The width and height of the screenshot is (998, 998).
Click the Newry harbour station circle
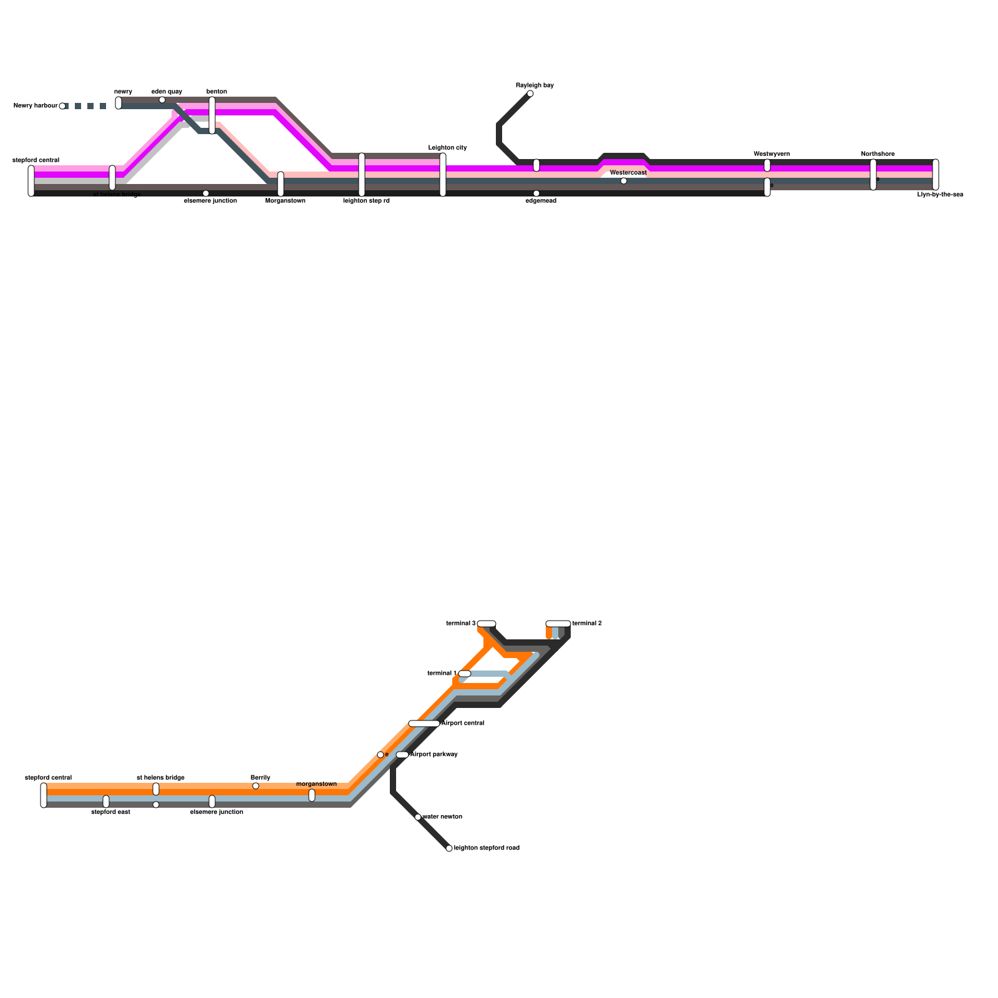click(x=62, y=106)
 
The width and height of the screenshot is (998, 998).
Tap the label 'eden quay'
click(x=167, y=92)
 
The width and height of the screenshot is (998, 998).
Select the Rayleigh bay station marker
click(x=530, y=94)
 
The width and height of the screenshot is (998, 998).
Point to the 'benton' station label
click(x=216, y=92)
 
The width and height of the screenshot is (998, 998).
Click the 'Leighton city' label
click(x=447, y=148)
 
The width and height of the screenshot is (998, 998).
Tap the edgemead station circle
click(x=536, y=193)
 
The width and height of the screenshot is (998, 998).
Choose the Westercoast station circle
click(x=624, y=181)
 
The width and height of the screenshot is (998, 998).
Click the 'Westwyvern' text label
click(x=772, y=154)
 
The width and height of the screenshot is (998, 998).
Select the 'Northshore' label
click(x=878, y=154)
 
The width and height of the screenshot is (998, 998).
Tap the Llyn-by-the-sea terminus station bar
click(x=936, y=175)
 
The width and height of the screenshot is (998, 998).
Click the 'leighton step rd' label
click(x=366, y=201)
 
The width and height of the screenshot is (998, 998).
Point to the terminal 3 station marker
click(x=487, y=624)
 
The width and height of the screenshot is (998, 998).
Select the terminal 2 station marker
click(x=558, y=624)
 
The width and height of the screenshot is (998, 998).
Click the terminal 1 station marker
click(x=465, y=674)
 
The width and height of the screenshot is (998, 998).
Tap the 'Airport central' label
click(x=463, y=724)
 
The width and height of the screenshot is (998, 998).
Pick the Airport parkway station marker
click(x=402, y=755)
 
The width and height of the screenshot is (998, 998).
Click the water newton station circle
click(x=418, y=817)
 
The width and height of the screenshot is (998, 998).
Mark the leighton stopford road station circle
click(x=449, y=848)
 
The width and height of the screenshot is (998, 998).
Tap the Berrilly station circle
click(x=256, y=786)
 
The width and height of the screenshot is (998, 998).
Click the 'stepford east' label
click(x=110, y=812)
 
